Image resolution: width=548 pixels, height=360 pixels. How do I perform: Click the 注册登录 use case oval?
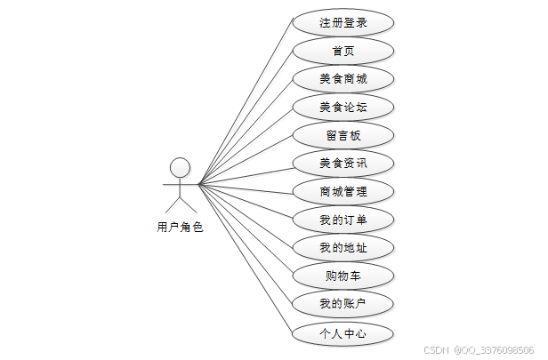point(342,23)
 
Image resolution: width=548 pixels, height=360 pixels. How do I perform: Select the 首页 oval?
point(342,51)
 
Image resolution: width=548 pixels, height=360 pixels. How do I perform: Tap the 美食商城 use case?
point(342,79)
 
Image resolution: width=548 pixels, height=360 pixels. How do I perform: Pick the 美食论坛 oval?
point(342,108)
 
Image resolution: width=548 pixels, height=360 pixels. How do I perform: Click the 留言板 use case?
point(342,136)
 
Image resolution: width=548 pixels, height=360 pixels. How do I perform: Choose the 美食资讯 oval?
point(342,164)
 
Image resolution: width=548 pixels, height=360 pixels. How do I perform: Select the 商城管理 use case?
point(342,191)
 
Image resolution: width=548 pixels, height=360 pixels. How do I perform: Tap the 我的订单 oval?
point(342,220)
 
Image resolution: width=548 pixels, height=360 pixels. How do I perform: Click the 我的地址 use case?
point(342,248)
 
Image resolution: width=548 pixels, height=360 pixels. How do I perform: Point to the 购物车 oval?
point(342,276)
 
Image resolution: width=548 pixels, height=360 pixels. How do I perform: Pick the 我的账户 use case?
point(342,305)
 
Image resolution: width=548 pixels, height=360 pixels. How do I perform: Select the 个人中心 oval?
point(342,334)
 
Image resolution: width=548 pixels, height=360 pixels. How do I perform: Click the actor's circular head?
point(181,167)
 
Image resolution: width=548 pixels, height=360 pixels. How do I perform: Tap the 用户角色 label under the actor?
point(180,228)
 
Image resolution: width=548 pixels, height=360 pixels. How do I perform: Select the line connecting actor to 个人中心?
point(246,260)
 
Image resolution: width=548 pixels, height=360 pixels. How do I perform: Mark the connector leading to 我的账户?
point(246,244)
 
